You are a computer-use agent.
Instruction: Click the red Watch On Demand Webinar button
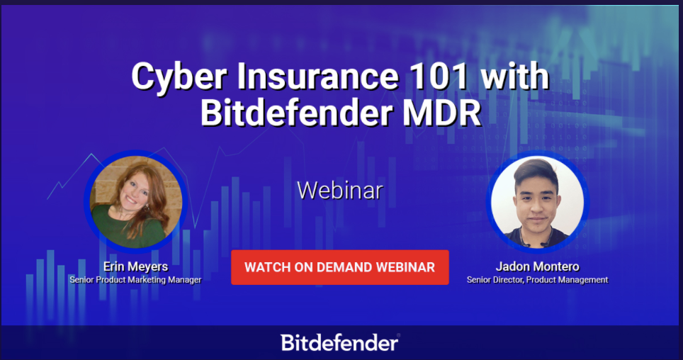pos(340,267)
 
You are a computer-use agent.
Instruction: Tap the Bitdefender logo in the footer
pos(340,343)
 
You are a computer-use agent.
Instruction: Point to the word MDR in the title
pos(441,113)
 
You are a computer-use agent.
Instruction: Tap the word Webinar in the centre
pos(340,191)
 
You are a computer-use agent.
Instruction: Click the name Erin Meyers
pos(135,266)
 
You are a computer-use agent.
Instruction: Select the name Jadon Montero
pos(538,266)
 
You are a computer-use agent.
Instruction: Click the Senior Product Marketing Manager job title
pos(135,280)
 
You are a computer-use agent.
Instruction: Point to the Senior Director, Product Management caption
pos(538,280)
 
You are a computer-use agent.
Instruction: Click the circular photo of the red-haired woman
pos(136,202)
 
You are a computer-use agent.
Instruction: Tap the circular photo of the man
pos(538,202)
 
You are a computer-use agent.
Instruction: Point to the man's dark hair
pos(536,170)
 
